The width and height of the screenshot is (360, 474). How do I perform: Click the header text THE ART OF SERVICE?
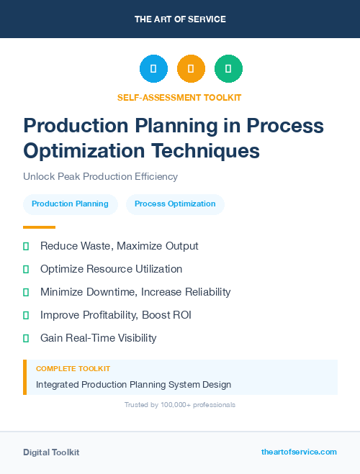point(180,19)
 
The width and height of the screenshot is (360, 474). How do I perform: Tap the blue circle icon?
point(153,69)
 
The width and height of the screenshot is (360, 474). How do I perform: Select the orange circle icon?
point(191,69)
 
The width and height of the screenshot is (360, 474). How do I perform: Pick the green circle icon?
point(228,69)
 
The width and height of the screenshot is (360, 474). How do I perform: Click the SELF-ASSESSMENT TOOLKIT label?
point(179,97)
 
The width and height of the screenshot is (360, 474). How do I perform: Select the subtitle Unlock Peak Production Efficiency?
point(100,176)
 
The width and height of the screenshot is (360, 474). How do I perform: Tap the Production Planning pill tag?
point(70,204)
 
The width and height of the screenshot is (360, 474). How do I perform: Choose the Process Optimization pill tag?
point(175,204)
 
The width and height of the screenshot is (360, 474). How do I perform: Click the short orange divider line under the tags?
point(35,227)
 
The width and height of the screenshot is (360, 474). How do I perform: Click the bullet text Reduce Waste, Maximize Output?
point(119,246)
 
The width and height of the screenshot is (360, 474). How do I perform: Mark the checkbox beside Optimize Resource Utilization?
point(26,269)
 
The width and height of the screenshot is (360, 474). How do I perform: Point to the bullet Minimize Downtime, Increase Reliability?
point(135,292)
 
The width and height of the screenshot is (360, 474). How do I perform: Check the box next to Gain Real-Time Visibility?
point(26,338)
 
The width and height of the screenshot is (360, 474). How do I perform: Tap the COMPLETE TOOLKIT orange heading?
point(73,368)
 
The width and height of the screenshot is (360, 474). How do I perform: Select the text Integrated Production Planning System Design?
point(133,384)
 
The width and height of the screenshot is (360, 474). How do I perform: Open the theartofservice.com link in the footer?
point(299,452)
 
